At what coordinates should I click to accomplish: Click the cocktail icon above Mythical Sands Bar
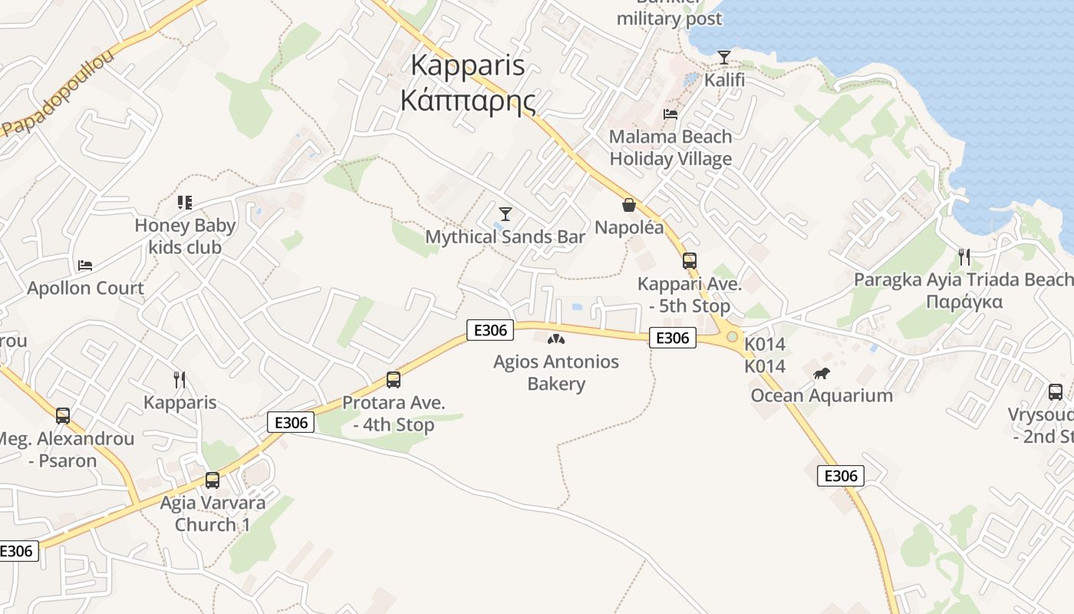[x=506, y=213]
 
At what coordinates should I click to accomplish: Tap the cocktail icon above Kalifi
[x=723, y=57]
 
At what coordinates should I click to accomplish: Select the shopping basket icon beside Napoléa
[x=629, y=205]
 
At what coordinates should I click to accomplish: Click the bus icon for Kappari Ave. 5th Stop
[x=690, y=261]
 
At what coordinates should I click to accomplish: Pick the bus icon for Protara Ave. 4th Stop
[x=394, y=380]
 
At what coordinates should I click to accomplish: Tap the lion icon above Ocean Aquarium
[x=822, y=374]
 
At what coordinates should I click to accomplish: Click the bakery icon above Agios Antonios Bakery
[x=556, y=339]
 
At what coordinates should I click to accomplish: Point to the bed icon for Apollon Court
[x=85, y=266]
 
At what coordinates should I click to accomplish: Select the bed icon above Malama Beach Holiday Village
[x=670, y=114]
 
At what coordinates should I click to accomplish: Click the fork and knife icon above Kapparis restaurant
[x=180, y=380]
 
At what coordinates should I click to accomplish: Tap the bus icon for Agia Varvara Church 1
[x=212, y=480]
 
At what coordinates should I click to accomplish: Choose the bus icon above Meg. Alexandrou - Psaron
[x=63, y=416]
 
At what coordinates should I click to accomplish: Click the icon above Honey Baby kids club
[x=184, y=203]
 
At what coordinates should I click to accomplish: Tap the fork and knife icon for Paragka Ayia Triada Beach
[x=964, y=257]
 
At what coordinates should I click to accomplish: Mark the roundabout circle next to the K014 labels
[x=732, y=337]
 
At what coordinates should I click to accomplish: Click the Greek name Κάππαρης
[x=468, y=101]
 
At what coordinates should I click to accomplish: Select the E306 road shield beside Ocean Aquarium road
[x=840, y=476]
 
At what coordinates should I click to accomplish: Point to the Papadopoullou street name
[x=58, y=94]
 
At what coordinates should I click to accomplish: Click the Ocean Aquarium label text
[x=822, y=396]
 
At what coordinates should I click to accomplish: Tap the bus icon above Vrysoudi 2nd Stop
[x=1056, y=392]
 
